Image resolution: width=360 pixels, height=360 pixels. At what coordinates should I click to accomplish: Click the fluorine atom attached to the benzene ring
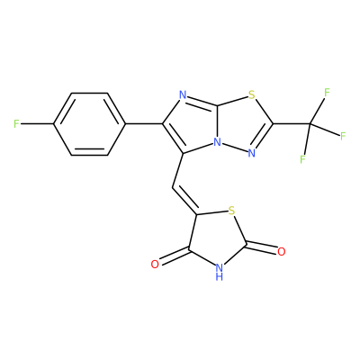coord(17,123)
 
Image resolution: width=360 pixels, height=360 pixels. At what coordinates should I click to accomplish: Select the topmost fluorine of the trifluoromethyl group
coord(327,93)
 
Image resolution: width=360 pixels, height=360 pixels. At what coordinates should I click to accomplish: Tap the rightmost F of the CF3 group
coord(343,136)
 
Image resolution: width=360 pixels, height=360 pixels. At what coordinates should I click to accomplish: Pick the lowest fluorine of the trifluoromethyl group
coord(302,159)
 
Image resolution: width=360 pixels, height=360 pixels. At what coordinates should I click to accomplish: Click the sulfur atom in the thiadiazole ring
coord(251,96)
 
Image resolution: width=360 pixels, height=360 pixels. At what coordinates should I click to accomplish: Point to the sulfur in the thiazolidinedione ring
coord(231,211)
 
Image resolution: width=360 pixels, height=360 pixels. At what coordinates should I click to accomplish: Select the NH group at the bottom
coord(220,271)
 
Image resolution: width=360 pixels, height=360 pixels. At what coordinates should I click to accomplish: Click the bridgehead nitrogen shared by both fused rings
coord(217,142)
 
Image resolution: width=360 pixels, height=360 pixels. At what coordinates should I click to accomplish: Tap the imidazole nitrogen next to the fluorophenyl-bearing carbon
coord(183,96)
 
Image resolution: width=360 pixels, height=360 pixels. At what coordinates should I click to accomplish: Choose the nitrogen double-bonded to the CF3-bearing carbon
coord(251,153)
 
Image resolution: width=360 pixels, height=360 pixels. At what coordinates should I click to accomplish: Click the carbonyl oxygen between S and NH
coord(281,251)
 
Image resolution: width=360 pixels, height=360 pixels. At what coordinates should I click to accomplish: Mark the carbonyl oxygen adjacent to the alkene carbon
coord(155,264)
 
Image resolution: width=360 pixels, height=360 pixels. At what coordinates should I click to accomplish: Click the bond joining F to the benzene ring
coord(37,123)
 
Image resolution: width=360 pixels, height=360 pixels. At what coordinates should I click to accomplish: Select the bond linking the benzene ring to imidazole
coord(144,123)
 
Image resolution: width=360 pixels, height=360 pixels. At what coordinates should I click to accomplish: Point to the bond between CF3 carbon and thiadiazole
coord(292,123)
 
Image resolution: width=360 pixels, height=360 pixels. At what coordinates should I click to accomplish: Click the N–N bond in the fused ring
coord(234,148)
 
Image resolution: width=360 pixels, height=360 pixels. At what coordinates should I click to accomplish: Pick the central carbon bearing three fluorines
coord(310,123)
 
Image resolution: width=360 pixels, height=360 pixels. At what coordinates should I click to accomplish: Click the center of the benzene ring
coord(89,124)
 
